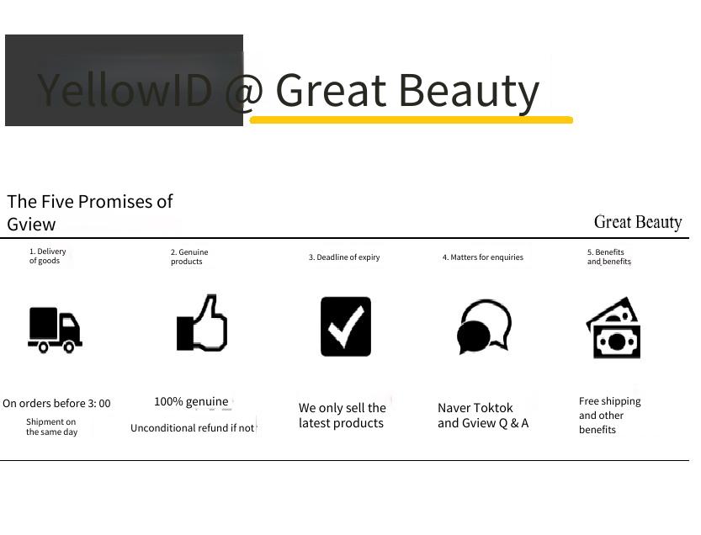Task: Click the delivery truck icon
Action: click(x=55, y=330)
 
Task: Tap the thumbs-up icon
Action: click(x=202, y=323)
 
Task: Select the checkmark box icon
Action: click(x=346, y=326)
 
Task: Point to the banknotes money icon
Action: click(x=613, y=328)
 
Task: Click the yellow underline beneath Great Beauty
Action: click(x=412, y=119)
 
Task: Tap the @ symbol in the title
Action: click(x=244, y=91)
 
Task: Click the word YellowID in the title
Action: click(x=125, y=90)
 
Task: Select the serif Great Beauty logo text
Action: click(x=638, y=222)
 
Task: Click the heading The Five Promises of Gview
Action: click(x=89, y=213)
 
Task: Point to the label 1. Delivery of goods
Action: click(x=47, y=256)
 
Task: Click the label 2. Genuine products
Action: click(x=189, y=257)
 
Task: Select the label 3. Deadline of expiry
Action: click(x=344, y=257)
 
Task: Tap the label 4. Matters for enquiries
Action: click(x=483, y=257)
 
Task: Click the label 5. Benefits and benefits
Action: click(x=609, y=257)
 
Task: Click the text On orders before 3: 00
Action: click(x=56, y=404)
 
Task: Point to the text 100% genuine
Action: click(x=191, y=402)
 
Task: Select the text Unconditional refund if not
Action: click(x=192, y=428)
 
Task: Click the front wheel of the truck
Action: click(x=69, y=347)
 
